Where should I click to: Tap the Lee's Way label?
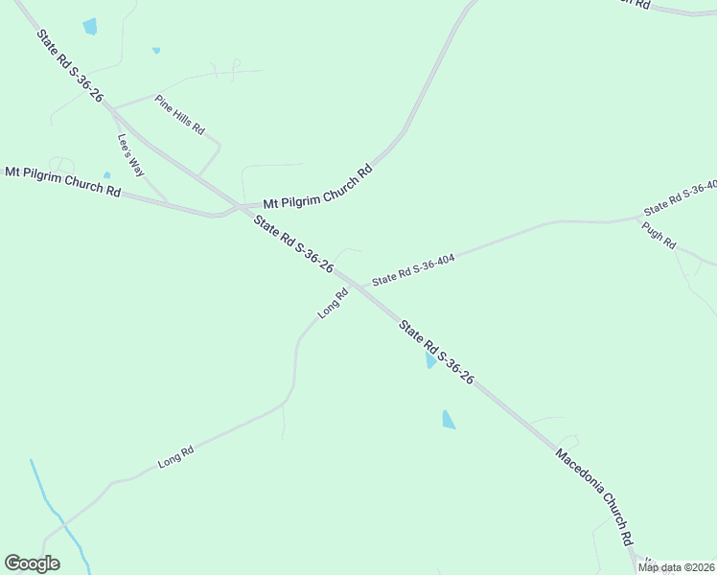coord(130,153)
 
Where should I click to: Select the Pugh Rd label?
coord(659,236)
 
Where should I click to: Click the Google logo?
coord(32,563)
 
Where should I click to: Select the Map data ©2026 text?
coord(676,567)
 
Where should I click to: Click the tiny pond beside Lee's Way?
coord(107,175)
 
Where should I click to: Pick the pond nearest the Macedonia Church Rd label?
coord(448,420)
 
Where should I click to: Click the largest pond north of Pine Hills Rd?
coord(90,27)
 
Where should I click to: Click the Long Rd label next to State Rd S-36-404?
coord(333,305)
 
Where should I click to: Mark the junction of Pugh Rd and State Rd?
coord(638,218)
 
